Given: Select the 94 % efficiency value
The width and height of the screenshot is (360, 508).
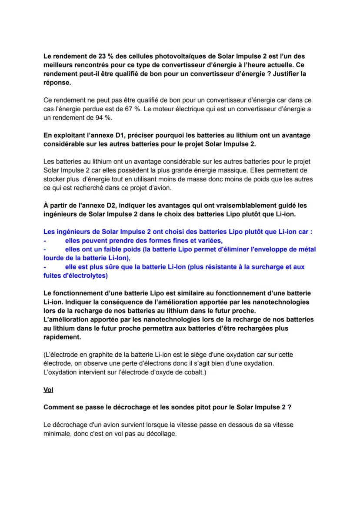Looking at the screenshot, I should tap(99, 118).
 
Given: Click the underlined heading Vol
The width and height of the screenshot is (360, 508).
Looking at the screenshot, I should tap(48, 390).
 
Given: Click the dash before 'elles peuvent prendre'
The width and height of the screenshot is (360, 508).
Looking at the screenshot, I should tap(45, 241).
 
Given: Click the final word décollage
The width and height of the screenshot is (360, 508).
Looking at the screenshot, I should tap(161, 434).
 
